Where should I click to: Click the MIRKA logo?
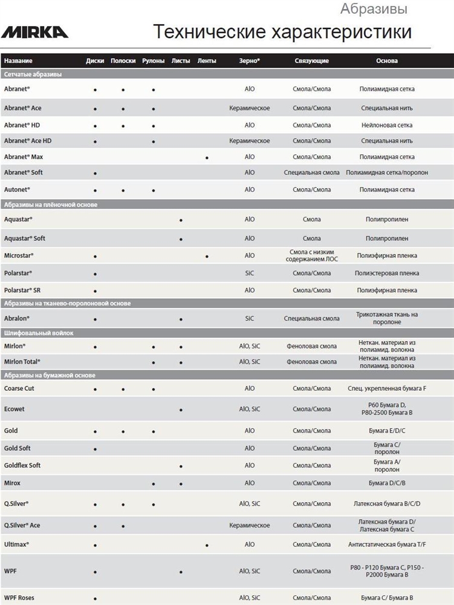[36, 31]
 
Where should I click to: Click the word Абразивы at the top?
[374, 9]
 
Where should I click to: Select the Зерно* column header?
[250, 61]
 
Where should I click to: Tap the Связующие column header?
[311, 61]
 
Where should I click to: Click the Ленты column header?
[207, 61]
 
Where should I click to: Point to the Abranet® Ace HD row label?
[28, 141]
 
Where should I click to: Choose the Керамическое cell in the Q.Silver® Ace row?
[250, 525]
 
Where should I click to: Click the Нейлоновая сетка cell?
[387, 125]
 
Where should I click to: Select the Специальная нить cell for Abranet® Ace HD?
[387, 141]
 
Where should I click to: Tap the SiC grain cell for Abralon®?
[250, 318]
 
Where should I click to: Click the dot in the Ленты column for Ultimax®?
[207, 545]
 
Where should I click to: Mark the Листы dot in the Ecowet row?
[181, 410]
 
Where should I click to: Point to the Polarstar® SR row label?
[22, 290]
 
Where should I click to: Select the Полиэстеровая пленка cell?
[387, 273]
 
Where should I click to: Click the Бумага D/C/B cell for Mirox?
[387, 483]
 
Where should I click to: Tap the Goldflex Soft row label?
[22, 465]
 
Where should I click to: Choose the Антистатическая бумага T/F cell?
[387, 544]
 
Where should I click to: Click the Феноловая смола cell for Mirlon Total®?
[311, 362]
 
